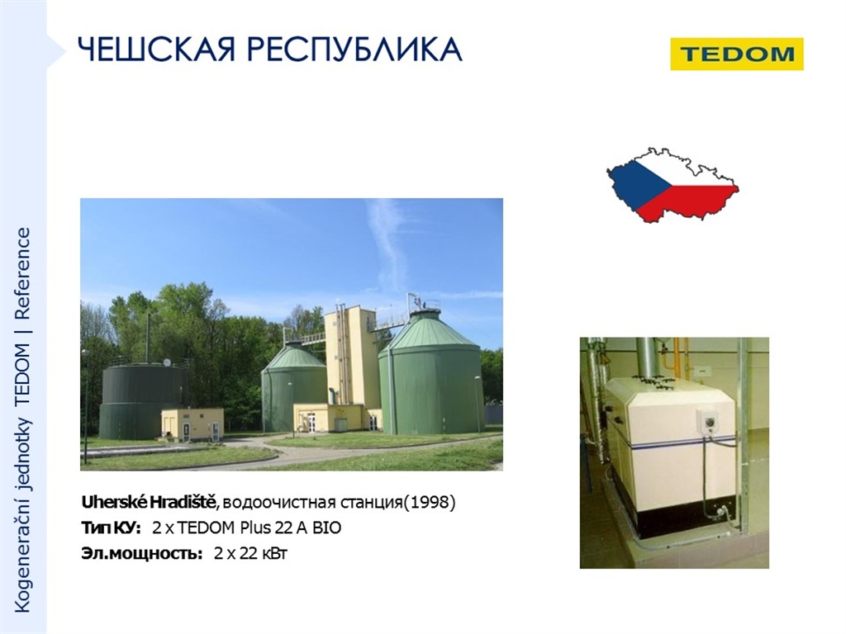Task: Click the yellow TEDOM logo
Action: pos(736,54)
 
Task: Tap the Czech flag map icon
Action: pos(673,184)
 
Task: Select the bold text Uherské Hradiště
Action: pos(149,502)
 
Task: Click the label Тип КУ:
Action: pos(112,528)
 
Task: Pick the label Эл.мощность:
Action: pos(142,553)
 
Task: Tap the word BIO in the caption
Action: pos(327,528)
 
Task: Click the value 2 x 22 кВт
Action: pos(251,553)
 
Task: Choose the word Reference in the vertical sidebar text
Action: pos(22,274)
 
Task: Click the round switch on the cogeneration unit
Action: pos(708,420)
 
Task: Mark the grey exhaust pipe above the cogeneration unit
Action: pos(648,357)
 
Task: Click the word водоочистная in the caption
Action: pos(278,503)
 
